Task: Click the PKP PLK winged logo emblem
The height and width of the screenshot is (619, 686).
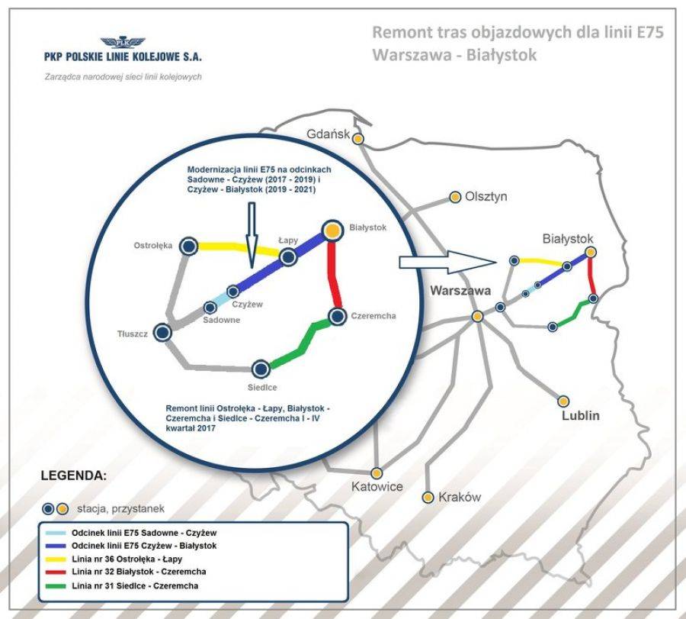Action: point(123,43)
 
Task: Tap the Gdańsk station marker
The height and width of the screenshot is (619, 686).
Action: point(358,139)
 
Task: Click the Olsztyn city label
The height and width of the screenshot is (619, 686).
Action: point(486,197)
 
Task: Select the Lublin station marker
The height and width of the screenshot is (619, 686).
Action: point(563,401)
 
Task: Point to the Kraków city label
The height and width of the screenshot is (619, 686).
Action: point(460,497)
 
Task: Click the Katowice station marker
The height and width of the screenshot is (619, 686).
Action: point(377,473)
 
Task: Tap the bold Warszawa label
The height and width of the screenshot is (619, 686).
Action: point(460,291)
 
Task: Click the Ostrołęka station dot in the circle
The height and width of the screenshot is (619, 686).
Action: point(188,247)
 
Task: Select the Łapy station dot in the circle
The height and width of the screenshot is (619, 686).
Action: point(288,257)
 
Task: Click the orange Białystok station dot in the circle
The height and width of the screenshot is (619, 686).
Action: point(332,230)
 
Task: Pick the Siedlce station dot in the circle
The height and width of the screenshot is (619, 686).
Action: point(261,369)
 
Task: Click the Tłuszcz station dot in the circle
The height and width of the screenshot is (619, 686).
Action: point(162,333)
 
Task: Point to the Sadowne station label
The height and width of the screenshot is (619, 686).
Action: point(221,321)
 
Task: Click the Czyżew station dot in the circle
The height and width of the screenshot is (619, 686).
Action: point(233,292)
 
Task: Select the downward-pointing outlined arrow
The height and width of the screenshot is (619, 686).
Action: point(251,235)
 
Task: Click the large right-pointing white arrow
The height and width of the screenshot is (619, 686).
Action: point(447,262)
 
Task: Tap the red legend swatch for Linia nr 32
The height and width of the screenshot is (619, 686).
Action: point(56,572)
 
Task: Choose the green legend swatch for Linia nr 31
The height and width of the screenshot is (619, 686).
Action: point(56,586)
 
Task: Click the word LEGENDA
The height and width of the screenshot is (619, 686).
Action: point(73,476)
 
